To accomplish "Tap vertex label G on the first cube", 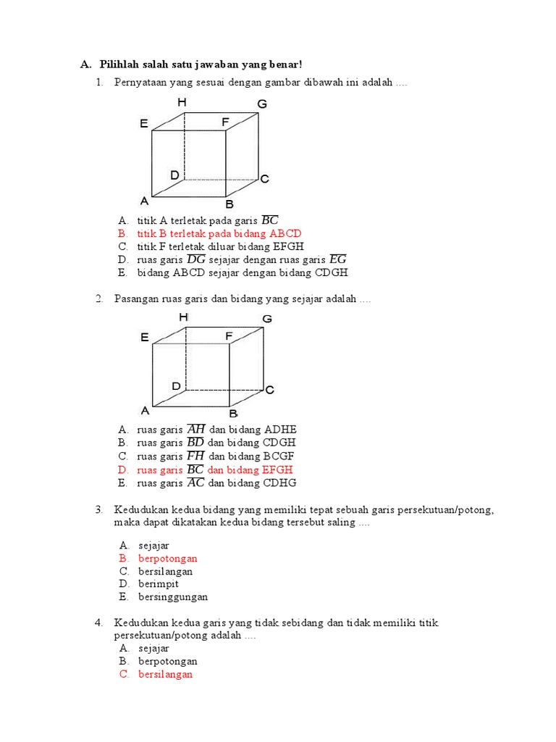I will coord(262,104).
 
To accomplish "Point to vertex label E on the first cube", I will coord(144,124).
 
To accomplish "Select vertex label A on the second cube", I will coord(145,410).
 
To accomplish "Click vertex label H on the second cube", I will coord(183,317).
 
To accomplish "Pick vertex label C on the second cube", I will coord(269,390).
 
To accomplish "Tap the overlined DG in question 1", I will coord(195,259).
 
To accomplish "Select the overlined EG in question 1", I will coord(337,259).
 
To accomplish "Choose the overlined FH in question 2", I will coord(195,456).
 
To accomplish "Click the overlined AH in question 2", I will coord(195,429).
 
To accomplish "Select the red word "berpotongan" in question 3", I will coord(167,559).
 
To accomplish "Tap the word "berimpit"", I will coord(159,584).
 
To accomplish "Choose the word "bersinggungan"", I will coord(173,597).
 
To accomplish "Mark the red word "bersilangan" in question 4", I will coord(166,675).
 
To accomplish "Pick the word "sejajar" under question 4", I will coord(153,648).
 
